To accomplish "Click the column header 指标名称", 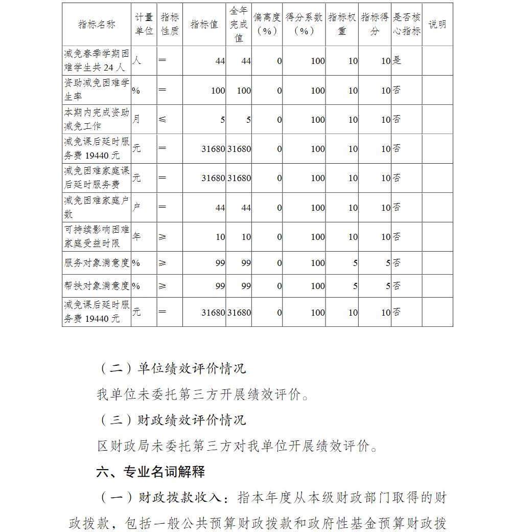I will click(97, 25).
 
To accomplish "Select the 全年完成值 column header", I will click(239, 25).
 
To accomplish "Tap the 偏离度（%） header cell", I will click(267, 25).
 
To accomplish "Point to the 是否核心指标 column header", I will click(406, 25).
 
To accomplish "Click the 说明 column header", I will click(437, 25).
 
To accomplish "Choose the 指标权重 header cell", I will click(342, 25).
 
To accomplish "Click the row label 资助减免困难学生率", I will click(97, 90).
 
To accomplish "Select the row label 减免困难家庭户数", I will click(97, 207).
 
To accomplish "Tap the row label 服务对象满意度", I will click(97, 262).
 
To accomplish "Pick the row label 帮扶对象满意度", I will click(97, 285).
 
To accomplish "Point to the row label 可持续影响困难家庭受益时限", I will click(97, 236).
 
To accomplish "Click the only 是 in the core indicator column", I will click(397, 60).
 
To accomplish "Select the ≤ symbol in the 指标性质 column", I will click(162, 120).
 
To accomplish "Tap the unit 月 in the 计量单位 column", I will click(136, 119).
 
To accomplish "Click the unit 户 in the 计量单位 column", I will click(136, 207).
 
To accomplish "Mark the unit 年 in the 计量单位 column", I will click(136, 236).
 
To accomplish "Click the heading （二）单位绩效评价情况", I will click(171, 368).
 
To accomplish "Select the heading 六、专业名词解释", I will click(151, 472).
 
